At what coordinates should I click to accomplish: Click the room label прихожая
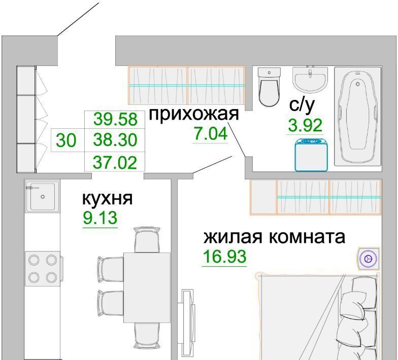(194, 115)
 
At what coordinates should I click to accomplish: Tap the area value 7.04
(210, 133)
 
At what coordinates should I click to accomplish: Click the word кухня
(108, 199)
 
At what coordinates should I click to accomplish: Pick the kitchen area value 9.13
(101, 218)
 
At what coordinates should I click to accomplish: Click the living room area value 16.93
(224, 256)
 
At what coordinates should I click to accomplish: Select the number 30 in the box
(66, 140)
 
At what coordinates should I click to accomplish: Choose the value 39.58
(115, 119)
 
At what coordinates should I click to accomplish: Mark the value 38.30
(115, 140)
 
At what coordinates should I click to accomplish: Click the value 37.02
(115, 162)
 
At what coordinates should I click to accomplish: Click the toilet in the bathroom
(269, 87)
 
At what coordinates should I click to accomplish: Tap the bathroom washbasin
(310, 79)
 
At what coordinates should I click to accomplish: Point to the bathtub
(358, 117)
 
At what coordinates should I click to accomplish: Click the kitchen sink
(43, 196)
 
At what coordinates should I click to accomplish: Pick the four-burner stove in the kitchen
(43, 269)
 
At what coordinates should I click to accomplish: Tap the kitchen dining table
(147, 287)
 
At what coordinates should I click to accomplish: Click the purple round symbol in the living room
(369, 259)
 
